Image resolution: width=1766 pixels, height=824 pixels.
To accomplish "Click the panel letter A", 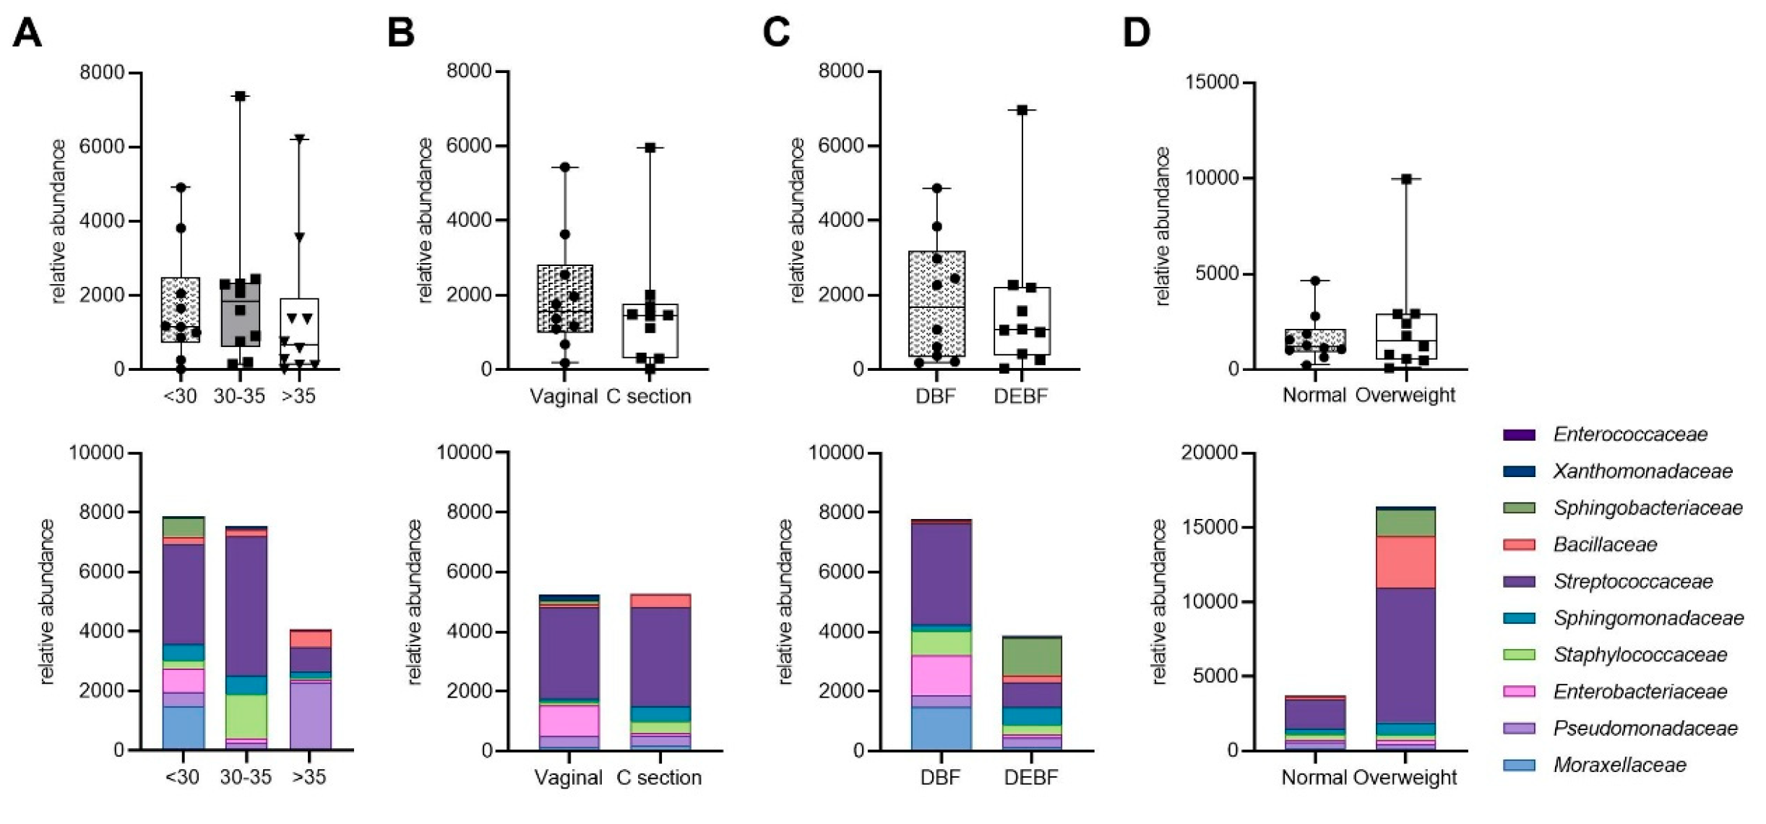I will tap(27, 33).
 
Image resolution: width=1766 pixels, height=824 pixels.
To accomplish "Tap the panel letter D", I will tap(1136, 33).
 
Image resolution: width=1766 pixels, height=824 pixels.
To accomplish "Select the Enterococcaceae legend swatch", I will tap(1519, 435).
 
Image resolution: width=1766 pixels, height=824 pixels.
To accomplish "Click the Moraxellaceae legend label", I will tap(1619, 765).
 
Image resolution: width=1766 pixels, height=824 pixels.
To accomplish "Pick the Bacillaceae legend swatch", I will tap(1519, 545).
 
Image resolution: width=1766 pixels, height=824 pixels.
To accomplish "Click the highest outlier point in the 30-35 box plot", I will tap(240, 96).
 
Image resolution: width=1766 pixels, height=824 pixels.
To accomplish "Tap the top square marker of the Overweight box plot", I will tap(1406, 179).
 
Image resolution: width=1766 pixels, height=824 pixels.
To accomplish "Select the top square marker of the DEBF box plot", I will tap(1022, 110).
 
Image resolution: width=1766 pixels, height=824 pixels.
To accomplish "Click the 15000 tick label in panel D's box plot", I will tap(1212, 82).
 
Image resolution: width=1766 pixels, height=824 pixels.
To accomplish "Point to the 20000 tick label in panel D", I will tap(1209, 452).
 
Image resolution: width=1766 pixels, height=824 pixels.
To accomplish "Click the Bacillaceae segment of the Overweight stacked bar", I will tap(1405, 562).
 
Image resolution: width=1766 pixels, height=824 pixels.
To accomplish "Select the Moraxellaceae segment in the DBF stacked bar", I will tap(941, 729).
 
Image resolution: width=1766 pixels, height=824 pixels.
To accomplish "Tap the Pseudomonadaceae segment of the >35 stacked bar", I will tap(310, 716).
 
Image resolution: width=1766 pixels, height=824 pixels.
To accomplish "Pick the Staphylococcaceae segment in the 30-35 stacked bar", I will tap(246, 716).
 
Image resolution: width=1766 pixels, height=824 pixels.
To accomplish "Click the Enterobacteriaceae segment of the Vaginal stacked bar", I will tap(569, 721).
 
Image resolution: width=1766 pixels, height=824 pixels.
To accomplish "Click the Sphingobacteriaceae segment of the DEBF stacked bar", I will tap(1030, 656).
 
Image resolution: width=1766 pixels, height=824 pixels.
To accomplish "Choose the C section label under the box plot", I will tap(648, 396).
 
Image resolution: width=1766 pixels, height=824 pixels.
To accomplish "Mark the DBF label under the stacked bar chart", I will tap(940, 778).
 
